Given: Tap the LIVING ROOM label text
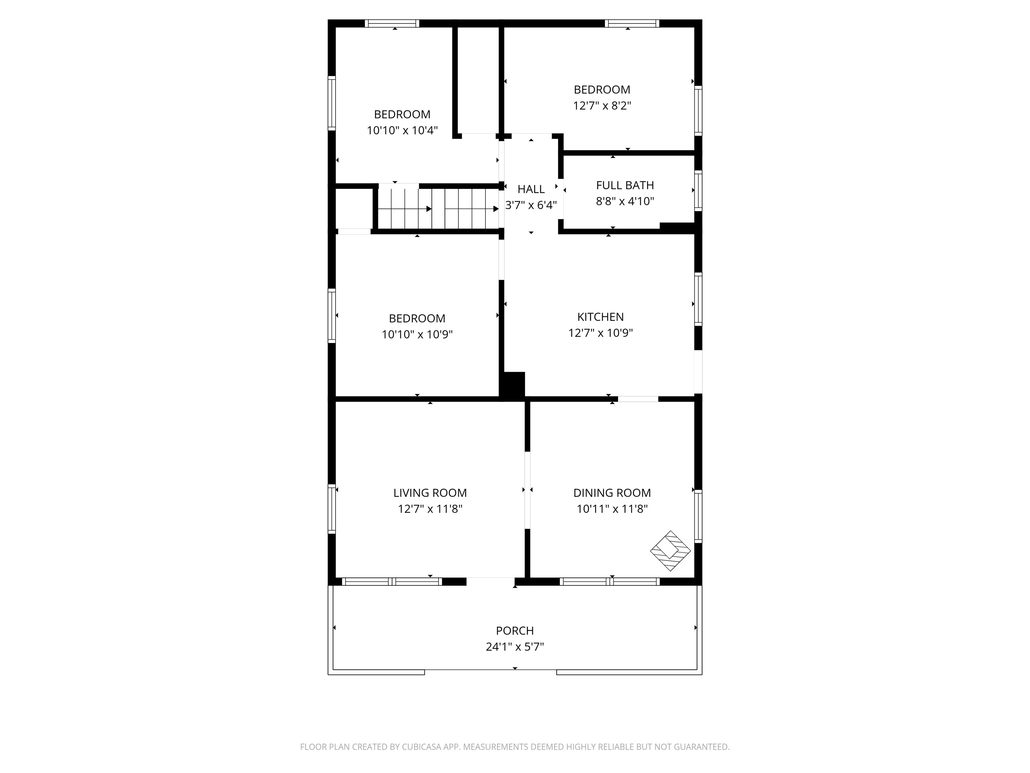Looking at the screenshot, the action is [x=430, y=493].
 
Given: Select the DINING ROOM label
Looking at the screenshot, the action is [x=612, y=493].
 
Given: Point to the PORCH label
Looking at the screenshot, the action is [x=515, y=631].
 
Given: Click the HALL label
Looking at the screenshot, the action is [x=531, y=189].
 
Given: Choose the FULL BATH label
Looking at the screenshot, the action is [x=625, y=186].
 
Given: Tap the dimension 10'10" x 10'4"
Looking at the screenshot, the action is [x=402, y=131].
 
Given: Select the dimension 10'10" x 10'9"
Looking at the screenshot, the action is [x=417, y=334].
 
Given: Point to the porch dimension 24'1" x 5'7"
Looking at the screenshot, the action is [x=515, y=647].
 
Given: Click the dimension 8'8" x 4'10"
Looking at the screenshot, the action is [x=625, y=201].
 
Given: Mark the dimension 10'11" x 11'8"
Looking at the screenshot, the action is [x=612, y=509].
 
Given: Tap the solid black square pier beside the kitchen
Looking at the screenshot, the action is [x=513, y=385].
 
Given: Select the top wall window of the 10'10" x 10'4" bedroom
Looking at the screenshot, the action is [x=392, y=23].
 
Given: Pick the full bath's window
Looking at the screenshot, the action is [x=698, y=191].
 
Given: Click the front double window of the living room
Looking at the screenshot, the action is [x=392, y=581].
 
